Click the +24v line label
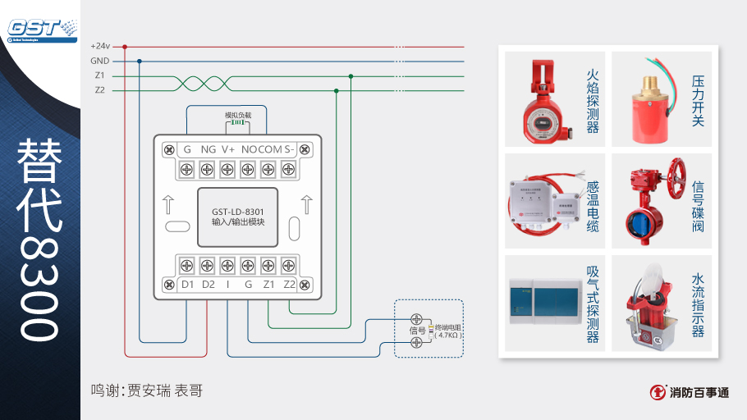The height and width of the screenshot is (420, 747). point(100,46)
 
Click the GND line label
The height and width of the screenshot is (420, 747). point(100,61)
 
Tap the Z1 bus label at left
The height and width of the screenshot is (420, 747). point(99,75)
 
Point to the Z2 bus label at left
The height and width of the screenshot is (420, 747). point(99,90)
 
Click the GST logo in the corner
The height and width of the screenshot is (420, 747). point(41,28)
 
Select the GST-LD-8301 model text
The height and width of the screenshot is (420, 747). point(237,211)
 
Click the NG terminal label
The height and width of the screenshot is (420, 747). point(209,149)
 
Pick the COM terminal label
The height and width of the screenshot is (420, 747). point(271,149)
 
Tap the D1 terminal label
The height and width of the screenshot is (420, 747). point(187,285)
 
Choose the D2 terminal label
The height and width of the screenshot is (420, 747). point(209,285)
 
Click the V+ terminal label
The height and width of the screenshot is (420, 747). point(228,149)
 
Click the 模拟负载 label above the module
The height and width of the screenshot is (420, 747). point(238,116)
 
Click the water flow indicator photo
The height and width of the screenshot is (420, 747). point(648,304)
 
